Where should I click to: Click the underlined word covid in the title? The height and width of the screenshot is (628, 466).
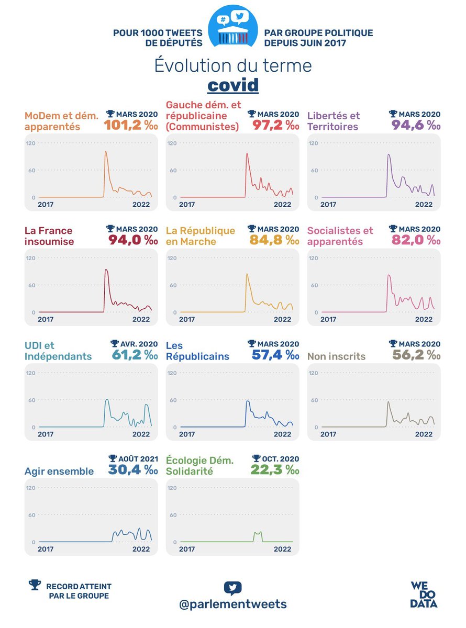233,85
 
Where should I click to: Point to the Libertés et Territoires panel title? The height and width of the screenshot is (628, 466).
333,121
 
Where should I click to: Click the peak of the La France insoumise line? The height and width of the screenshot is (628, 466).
106,270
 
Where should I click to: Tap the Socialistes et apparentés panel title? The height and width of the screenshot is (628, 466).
340,236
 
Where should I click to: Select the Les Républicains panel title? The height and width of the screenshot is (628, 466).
197,351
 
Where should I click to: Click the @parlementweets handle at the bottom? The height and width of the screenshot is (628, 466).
232,604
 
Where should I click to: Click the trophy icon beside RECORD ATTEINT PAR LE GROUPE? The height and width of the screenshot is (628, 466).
35,585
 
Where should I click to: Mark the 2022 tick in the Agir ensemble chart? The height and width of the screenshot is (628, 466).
141,549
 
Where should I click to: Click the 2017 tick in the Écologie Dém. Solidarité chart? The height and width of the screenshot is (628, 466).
187,549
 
